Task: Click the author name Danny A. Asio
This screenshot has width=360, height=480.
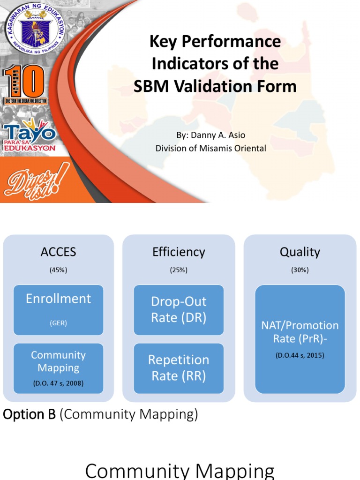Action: coord(210,135)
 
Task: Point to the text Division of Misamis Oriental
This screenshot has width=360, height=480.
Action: coord(210,148)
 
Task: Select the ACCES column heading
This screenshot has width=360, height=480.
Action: coord(58,252)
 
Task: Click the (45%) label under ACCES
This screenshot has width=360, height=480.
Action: coord(58,270)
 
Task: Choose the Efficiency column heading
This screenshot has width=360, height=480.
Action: coord(179,252)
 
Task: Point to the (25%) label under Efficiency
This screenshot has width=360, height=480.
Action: coord(179,270)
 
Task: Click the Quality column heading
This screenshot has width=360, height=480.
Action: coord(300,252)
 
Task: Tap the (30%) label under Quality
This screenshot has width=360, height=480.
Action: coord(300,270)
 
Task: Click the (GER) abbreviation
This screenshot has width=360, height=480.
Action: coord(58,322)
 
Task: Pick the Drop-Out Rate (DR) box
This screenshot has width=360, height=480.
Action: coord(179,309)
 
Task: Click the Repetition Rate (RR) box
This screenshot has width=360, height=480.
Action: coord(179,367)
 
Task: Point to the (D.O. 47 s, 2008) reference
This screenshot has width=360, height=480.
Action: coord(58,383)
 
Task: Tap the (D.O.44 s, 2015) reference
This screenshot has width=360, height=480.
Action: coord(300,355)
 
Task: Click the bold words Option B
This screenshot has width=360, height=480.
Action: coord(29,414)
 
